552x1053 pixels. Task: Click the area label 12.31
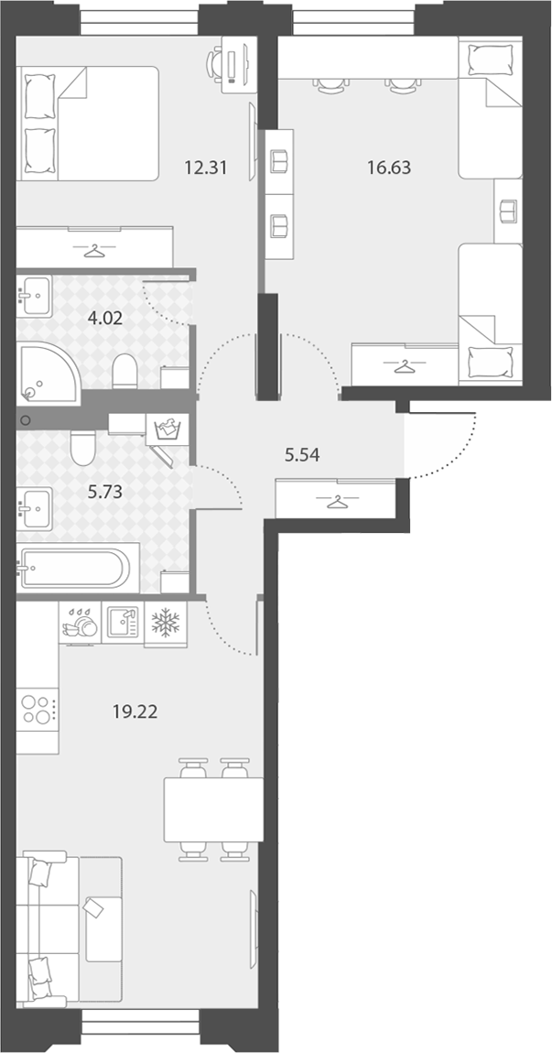click(x=205, y=168)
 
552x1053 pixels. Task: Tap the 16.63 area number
click(x=389, y=168)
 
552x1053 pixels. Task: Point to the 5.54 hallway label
click(x=301, y=455)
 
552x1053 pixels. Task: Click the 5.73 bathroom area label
click(x=104, y=492)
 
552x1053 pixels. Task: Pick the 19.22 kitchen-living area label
click(x=135, y=711)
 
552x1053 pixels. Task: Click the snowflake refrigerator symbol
click(x=165, y=624)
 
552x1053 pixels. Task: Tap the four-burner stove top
click(x=38, y=709)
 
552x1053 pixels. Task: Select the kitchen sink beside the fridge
click(x=123, y=623)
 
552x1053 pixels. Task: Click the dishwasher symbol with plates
click(x=80, y=623)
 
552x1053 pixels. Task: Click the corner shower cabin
click(x=47, y=373)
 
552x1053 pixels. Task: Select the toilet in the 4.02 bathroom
click(x=124, y=372)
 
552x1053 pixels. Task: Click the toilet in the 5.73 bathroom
click(x=82, y=448)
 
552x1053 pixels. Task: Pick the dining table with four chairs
click(x=213, y=809)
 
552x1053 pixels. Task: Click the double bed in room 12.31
click(x=87, y=124)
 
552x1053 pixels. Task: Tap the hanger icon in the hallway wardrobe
click(x=335, y=502)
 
